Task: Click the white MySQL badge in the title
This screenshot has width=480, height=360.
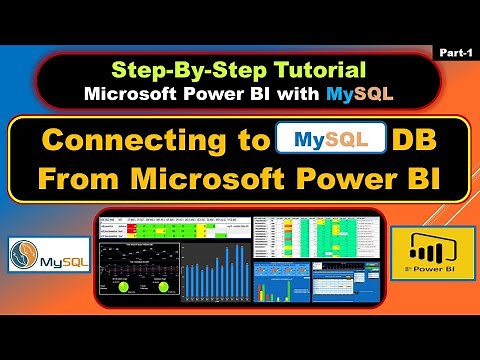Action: (330, 138)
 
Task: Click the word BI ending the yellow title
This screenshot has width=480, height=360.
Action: (415, 181)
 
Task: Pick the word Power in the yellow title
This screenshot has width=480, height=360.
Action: (339, 181)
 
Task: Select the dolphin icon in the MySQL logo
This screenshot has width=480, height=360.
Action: (23, 255)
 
